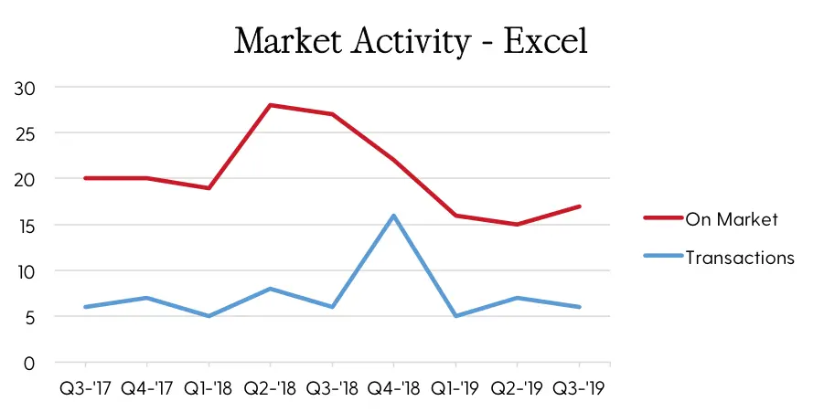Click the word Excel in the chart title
coord(545,41)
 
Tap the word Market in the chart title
coord(287,41)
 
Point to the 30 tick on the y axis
coord(25,89)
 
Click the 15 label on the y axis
coord(25,227)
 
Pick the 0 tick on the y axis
coord(29,364)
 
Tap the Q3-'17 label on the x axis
coord(85,388)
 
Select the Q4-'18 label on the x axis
coord(393,388)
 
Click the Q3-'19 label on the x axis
coord(579,388)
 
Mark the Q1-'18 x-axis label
coord(209,388)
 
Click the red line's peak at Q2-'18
coord(270,105)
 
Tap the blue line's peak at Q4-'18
coord(393,216)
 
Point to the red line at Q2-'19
coord(517,225)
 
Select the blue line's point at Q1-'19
coord(455,316)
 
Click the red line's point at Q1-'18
coord(209,188)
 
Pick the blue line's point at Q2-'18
coord(270,289)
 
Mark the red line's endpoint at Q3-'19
coord(579,206)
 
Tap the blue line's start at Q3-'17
coord(85,307)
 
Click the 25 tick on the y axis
coord(25,134)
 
